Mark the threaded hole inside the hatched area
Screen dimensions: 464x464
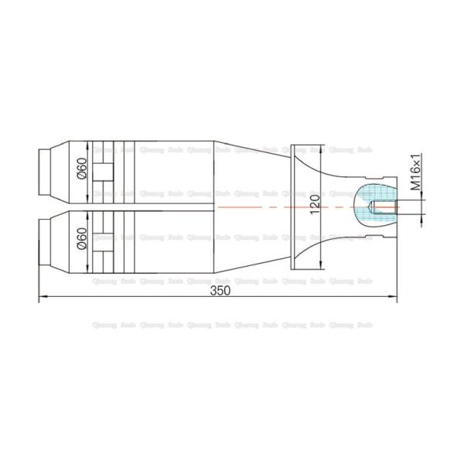click(x=377, y=207)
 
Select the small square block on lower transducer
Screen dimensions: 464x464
click(x=102, y=242)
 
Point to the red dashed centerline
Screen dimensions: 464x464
click(x=255, y=207)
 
